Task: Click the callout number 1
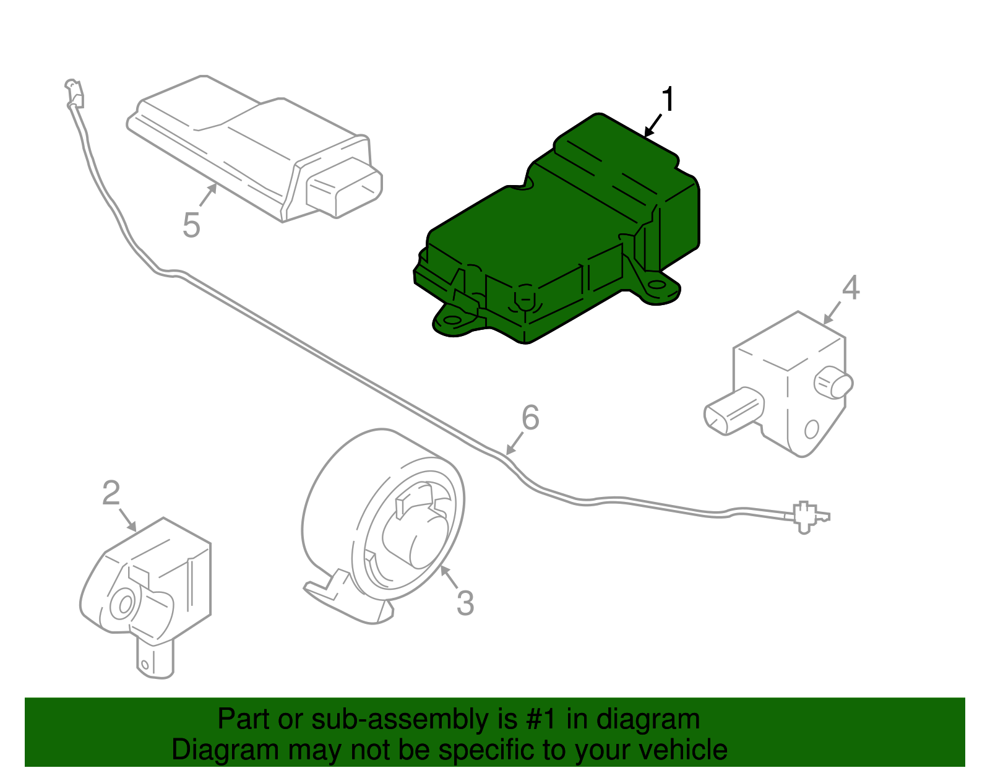pos(668,100)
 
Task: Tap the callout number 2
pos(111,493)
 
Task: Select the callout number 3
pos(465,603)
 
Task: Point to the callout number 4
pos(851,288)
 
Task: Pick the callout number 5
pos(191,225)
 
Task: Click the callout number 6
pos(530,418)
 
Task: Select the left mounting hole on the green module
pos(454,321)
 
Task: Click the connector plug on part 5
pos(344,186)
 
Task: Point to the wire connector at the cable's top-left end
pos(75,94)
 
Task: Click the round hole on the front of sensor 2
pos(123,603)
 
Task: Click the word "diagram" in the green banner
pos(648,720)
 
